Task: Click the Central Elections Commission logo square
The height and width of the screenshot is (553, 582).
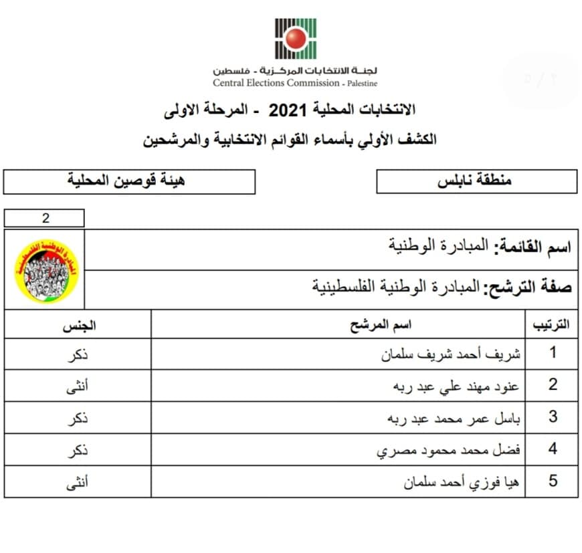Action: pyautogui.click(x=295, y=39)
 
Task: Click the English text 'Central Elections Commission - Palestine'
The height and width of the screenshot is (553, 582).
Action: pyautogui.click(x=295, y=84)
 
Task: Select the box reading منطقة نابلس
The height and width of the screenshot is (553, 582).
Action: pyautogui.click(x=476, y=181)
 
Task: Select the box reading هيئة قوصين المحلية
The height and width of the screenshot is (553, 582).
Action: pyautogui.click(x=129, y=181)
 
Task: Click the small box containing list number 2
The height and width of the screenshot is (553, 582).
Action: pyautogui.click(x=45, y=218)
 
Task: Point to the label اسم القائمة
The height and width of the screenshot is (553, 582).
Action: pyautogui.click(x=532, y=247)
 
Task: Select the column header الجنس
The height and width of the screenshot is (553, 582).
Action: pyautogui.click(x=79, y=326)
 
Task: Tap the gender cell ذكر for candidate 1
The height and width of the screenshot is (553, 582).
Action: pyautogui.click(x=78, y=354)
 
